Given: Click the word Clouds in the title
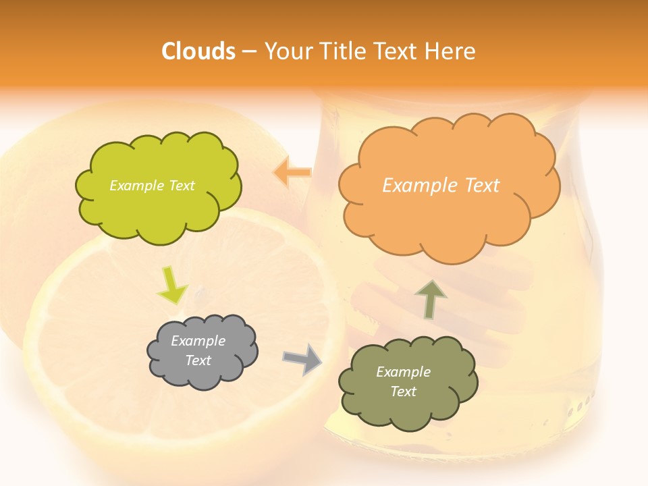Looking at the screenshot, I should pyautogui.click(x=198, y=51).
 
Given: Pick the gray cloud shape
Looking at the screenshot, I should pyautogui.click(x=202, y=351).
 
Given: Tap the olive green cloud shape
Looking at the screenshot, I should pyautogui.click(x=407, y=382).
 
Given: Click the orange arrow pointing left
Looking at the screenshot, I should pyautogui.click(x=292, y=173).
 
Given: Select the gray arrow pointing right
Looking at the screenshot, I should pyautogui.click(x=302, y=359).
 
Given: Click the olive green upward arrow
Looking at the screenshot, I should pyautogui.click(x=430, y=299).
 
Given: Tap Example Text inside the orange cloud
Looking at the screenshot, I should pyautogui.click(x=441, y=186).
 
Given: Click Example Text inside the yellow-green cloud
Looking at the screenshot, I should pyautogui.click(x=152, y=186).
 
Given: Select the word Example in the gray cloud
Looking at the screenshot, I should pyautogui.click(x=198, y=341).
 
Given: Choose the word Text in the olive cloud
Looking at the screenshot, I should pyautogui.click(x=403, y=391).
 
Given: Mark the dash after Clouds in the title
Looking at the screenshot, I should pyautogui.click(x=248, y=51).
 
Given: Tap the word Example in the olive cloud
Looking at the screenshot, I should pyautogui.click(x=403, y=372).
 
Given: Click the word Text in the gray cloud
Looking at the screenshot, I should pyautogui.click(x=198, y=360).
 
